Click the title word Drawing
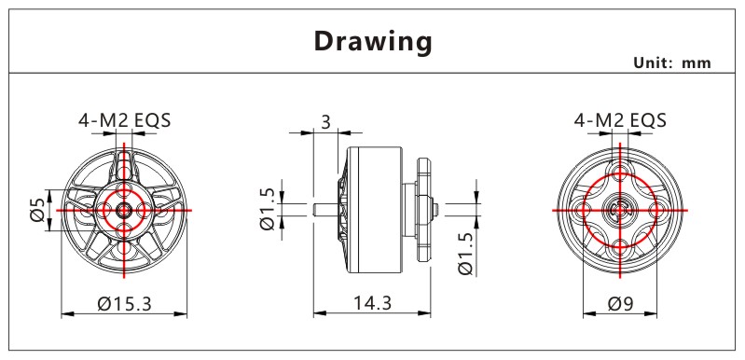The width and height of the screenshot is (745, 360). [373, 42]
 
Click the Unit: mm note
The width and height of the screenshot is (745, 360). [672, 62]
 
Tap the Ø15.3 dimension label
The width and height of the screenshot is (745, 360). [125, 303]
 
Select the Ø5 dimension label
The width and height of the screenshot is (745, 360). [38, 210]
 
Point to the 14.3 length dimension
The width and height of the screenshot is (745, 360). [372, 302]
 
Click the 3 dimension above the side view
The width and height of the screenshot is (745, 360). [325, 122]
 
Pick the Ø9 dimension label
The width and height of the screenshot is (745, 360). [620, 303]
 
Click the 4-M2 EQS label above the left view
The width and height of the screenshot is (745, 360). [125, 120]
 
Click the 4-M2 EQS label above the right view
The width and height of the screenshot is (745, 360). [620, 120]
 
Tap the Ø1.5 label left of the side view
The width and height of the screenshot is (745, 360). [268, 209]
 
